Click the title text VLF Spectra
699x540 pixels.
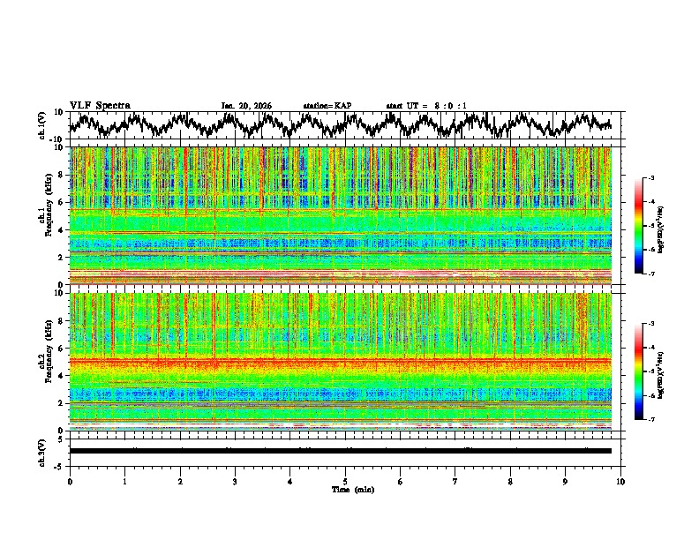point(100,106)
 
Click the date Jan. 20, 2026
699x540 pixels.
point(246,106)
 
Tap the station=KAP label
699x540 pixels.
point(327,106)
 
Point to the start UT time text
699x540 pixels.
point(426,106)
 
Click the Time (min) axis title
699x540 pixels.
point(352,489)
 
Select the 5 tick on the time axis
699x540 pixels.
point(345,481)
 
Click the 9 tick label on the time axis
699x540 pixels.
point(566,481)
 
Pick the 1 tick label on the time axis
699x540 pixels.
point(124,481)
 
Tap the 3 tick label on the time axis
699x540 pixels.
point(235,481)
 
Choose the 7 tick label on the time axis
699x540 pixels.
point(455,481)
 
